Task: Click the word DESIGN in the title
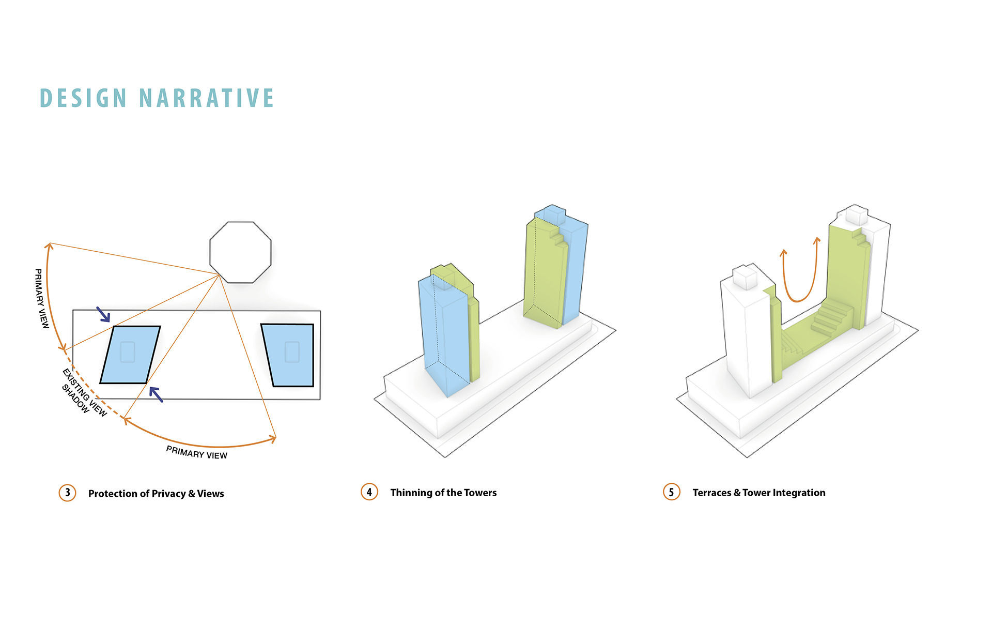pyautogui.click(x=83, y=98)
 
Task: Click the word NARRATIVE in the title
pyautogui.click(x=207, y=98)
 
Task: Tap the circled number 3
pyautogui.click(x=67, y=493)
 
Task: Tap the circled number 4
pyautogui.click(x=369, y=492)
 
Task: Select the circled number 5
pyautogui.click(x=672, y=492)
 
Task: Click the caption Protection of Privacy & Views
pyautogui.click(x=156, y=494)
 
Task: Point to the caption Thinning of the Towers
pyautogui.click(x=443, y=493)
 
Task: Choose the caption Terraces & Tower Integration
pyautogui.click(x=759, y=493)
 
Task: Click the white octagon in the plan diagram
pyautogui.click(x=240, y=252)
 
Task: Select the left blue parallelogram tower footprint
pyautogui.click(x=130, y=355)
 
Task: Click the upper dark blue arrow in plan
pyautogui.click(x=103, y=314)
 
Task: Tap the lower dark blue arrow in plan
pyautogui.click(x=156, y=394)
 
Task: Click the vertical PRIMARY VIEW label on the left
pyautogui.click(x=41, y=298)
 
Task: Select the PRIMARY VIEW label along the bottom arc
pyautogui.click(x=197, y=453)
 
